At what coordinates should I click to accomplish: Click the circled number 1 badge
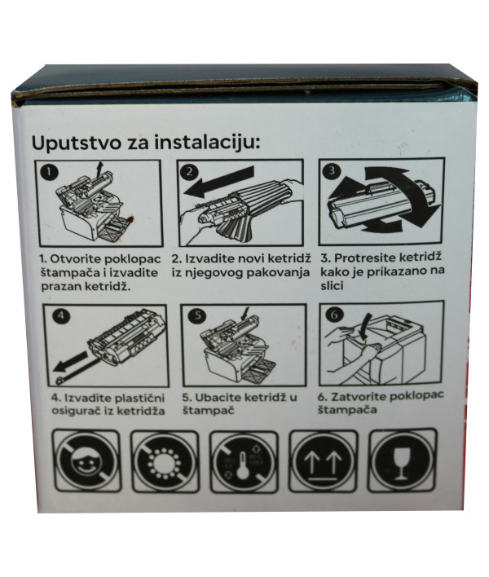[50, 172]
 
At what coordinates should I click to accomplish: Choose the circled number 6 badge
[332, 313]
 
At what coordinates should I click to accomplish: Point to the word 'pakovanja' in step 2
[274, 271]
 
